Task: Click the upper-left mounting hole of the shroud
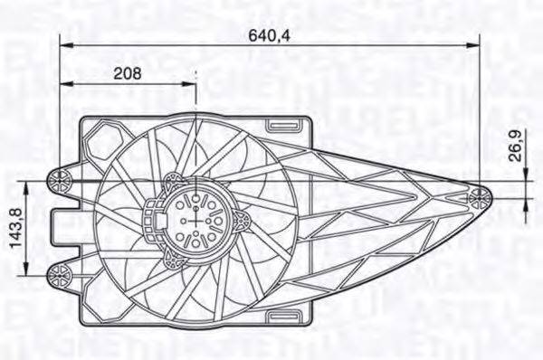(60, 179)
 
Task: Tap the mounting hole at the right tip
(480, 194)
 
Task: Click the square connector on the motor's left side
(153, 217)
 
